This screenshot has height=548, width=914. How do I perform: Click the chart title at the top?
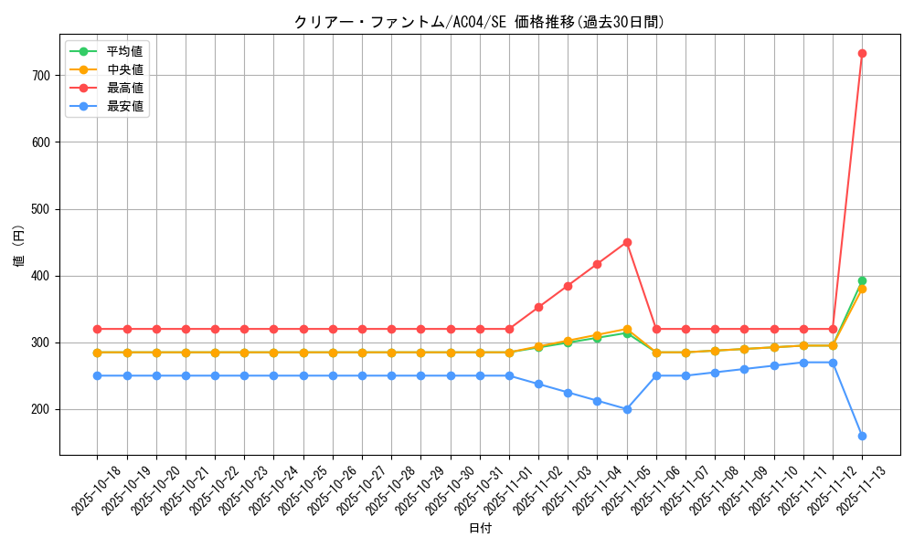coord(479,22)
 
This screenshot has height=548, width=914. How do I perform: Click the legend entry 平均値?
coord(124,51)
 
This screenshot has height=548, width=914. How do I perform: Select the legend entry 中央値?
coord(124,69)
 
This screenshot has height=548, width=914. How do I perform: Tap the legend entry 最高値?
coord(124,88)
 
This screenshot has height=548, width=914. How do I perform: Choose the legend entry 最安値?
coord(124,106)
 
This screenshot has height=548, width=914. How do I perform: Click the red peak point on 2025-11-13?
coord(862,53)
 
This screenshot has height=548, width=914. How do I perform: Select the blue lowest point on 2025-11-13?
coord(862,436)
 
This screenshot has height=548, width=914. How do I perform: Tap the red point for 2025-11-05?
coord(627,242)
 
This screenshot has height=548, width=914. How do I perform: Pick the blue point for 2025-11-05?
coord(627,409)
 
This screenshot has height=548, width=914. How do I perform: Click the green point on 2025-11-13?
coord(862,280)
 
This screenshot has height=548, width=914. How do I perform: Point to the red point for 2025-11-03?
coord(568,286)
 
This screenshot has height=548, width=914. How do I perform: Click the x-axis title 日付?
coord(480,529)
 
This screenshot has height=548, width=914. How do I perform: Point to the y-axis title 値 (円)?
coord(19,248)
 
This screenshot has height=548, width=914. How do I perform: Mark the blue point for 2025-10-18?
coord(98,375)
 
